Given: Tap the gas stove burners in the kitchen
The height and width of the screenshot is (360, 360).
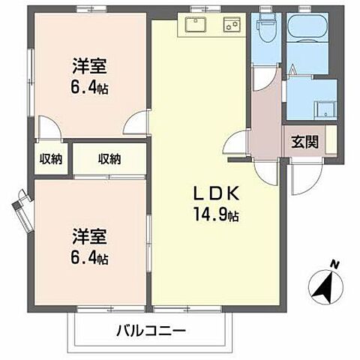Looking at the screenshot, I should point(231,25).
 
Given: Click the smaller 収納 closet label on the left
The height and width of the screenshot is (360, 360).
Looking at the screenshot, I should point(50,158).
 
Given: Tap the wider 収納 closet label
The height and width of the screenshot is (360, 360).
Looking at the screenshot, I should point(109,158).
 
